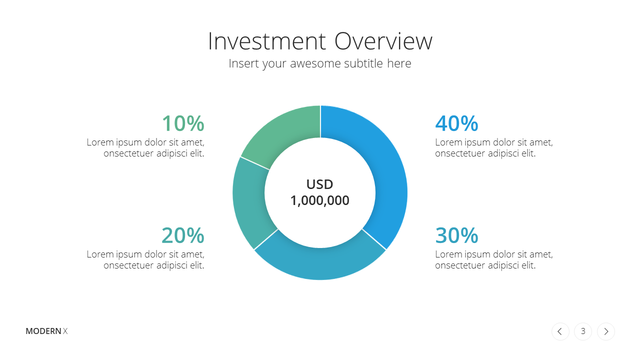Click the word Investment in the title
(267, 41)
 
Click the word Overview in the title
(383, 41)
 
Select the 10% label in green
(183, 123)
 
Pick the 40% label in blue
(456, 123)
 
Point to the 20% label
(183, 235)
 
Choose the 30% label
(456, 235)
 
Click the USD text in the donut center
(319, 184)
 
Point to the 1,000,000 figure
(319, 200)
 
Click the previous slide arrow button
(560, 331)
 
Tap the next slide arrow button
(606, 331)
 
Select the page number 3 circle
(583, 331)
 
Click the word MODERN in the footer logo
(43, 331)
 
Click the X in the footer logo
(65, 331)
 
